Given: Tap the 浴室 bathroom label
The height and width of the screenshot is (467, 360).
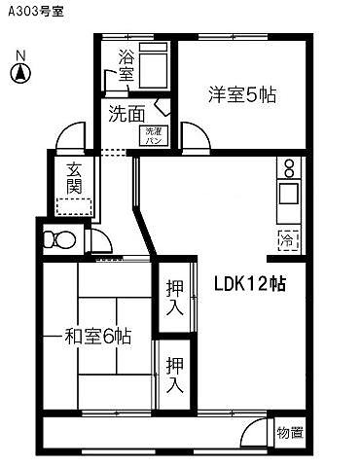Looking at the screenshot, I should point(126,64).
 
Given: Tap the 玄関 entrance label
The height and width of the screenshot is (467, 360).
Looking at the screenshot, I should point(74,177).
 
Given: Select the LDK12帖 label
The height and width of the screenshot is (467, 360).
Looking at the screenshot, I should point(250,284).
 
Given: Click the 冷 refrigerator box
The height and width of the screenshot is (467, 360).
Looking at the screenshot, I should point(288,238).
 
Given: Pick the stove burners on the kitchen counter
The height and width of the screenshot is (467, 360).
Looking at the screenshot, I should point(289,167).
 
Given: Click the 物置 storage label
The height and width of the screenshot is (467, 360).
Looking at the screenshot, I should point(289,432).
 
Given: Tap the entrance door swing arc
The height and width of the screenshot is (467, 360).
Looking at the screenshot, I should point(70,139).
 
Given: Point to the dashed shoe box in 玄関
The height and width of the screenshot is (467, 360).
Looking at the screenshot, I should point(74,206).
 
